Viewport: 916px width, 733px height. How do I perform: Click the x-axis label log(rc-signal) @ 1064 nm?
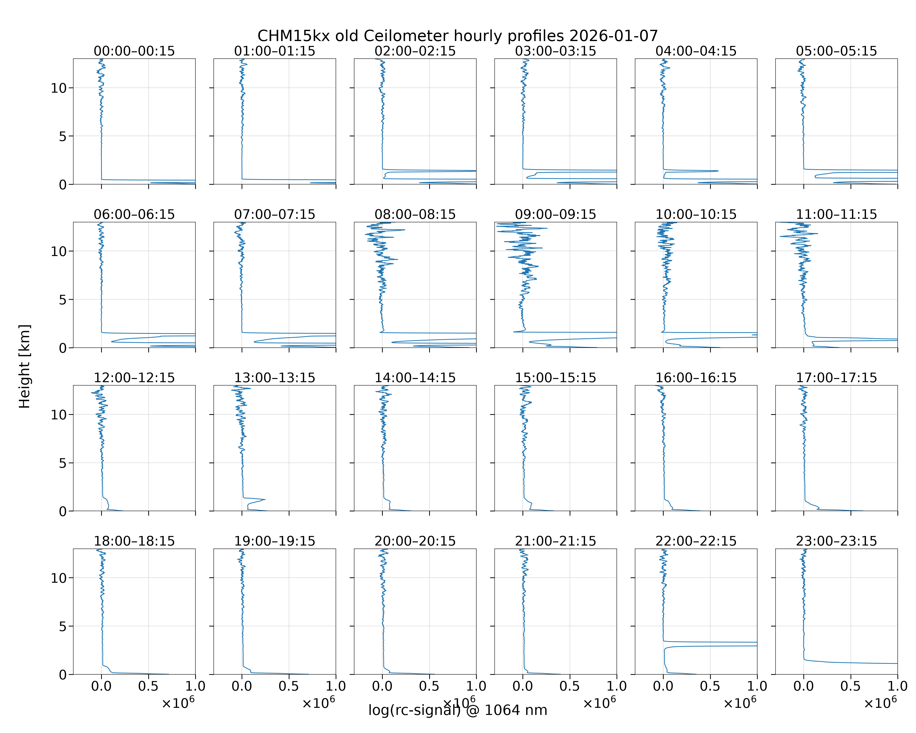pos(458,710)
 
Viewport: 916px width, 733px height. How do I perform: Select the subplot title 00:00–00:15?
pos(134,51)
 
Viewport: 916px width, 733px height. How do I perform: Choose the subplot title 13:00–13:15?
pos(275,378)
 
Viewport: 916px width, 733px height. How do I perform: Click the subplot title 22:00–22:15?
pos(696,541)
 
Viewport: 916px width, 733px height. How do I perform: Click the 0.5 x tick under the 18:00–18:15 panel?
pos(148,686)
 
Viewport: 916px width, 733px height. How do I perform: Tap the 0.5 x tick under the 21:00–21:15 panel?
pos(570,686)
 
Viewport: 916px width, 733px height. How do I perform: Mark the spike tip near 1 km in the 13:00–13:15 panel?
pos(265,499)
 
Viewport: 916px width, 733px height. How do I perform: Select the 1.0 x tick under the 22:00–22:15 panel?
pos(757,686)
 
